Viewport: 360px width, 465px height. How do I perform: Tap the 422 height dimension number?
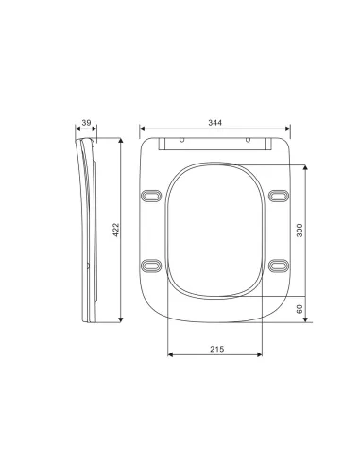coord(115,232)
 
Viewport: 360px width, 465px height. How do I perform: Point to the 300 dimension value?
coord(299,232)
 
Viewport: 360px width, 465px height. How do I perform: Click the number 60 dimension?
coord(299,309)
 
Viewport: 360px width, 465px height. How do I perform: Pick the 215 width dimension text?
coord(214,348)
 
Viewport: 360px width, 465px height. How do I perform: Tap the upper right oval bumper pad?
coord(276,195)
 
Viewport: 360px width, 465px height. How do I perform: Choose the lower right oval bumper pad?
coord(276,266)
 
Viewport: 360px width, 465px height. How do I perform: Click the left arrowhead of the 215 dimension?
coord(169,357)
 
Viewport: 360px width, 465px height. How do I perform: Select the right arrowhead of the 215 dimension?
coord(260,357)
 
